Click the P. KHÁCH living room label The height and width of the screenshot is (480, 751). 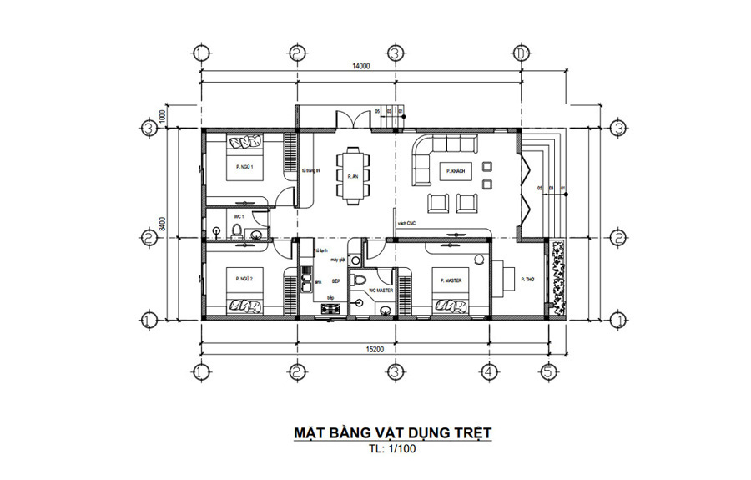click(x=456, y=170)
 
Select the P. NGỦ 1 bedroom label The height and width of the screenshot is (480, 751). click(x=244, y=167)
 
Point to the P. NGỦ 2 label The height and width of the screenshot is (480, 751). click(x=244, y=278)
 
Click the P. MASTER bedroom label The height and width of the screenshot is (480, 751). click(x=450, y=280)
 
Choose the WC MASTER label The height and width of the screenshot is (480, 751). click(x=381, y=291)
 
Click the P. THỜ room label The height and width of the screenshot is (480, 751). click(x=527, y=279)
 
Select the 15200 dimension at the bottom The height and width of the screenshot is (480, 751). click(x=374, y=349)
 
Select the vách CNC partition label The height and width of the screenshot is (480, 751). click(x=407, y=223)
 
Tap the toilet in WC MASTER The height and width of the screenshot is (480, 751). click(x=360, y=281)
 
